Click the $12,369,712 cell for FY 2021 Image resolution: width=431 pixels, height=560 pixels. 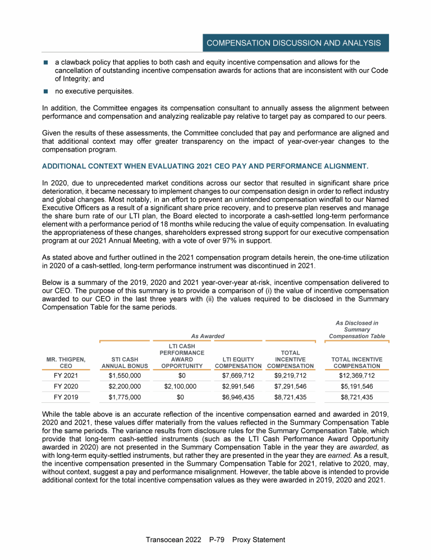click(357, 376)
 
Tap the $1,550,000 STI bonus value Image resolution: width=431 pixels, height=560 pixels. click(125, 376)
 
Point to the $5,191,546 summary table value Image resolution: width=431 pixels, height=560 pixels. click(357, 386)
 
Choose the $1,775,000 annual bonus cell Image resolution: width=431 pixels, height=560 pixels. click(125, 397)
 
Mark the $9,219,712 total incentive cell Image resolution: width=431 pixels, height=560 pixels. click(290, 376)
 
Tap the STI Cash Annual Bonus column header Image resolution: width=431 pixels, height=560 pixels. click(125, 362)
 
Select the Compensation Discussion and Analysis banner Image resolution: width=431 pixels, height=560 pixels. click(294, 43)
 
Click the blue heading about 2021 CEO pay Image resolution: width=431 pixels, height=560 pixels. click(205, 166)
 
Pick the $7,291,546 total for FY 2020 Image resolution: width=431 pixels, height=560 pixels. click(290, 386)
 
